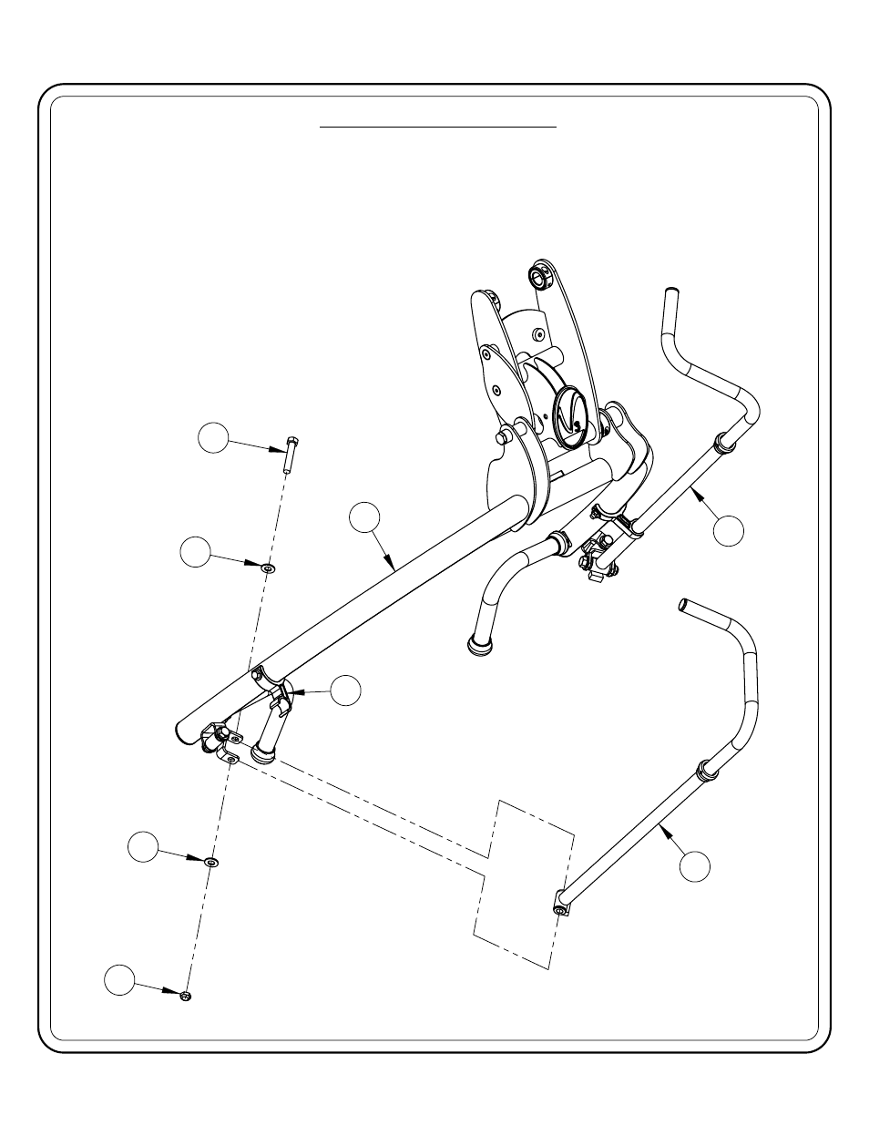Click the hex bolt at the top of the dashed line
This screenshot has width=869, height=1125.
[x=289, y=453]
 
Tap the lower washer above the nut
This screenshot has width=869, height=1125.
[x=212, y=861]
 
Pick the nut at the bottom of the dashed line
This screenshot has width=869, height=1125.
[x=186, y=996]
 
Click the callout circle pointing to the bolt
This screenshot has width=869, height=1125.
[x=213, y=438]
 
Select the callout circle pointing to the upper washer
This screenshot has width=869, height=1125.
[x=194, y=552]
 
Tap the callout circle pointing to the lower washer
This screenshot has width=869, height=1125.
[x=142, y=846]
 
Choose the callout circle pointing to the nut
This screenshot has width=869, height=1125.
[x=118, y=979]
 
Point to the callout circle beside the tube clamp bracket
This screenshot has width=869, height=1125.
[x=345, y=690]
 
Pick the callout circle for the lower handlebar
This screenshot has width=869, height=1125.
[x=695, y=865]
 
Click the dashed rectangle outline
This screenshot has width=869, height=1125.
[x=524, y=882]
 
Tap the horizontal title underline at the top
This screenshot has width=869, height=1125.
[x=437, y=128]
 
